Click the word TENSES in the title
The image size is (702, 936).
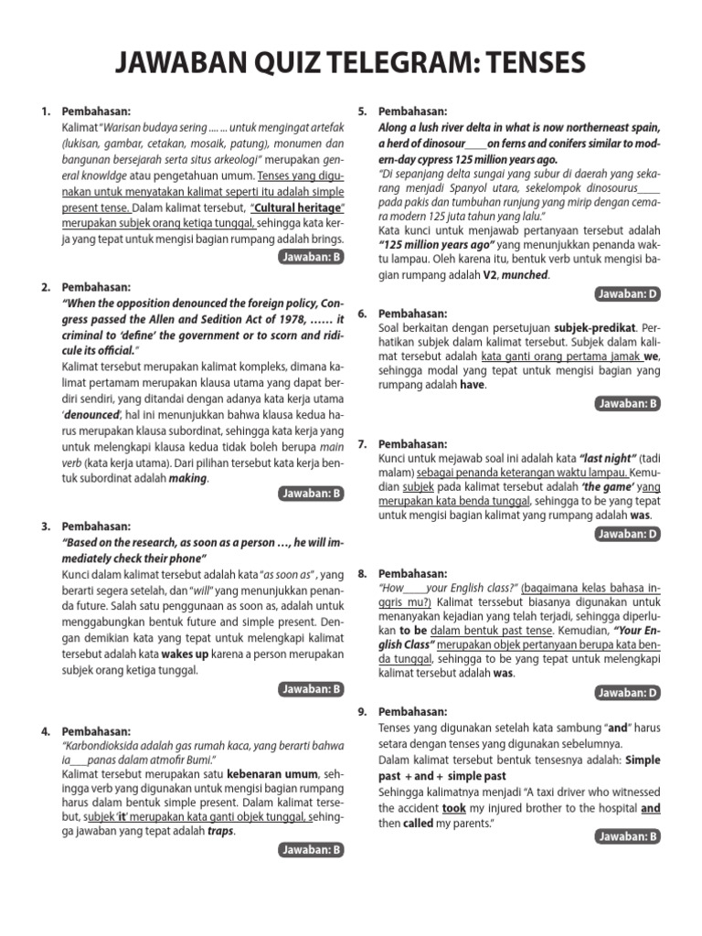pyautogui.click(x=530, y=63)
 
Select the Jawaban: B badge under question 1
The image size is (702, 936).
pyautogui.click(x=312, y=258)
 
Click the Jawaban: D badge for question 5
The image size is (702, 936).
pyautogui.click(x=627, y=293)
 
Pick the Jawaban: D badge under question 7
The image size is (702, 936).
pyautogui.click(x=627, y=534)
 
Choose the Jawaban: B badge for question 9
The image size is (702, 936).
pyautogui.click(x=627, y=835)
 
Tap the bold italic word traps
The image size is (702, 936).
pyautogui.click(x=220, y=831)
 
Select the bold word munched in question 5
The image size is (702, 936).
pyautogui.click(x=526, y=274)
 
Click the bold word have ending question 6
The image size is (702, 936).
pyautogui.click(x=472, y=385)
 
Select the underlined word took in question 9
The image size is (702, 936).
pyautogui.click(x=453, y=809)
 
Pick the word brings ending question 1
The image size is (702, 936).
pyautogui.click(x=325, y=239)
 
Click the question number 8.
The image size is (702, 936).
pyautogui.click(x=363, y=571)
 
